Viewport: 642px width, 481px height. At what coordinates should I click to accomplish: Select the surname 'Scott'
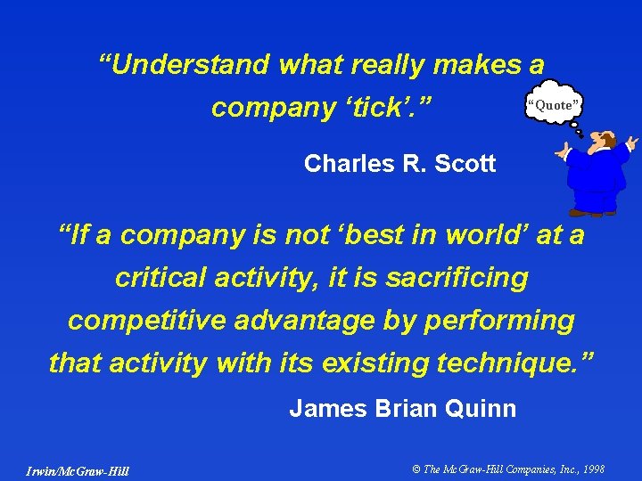coord(463,164)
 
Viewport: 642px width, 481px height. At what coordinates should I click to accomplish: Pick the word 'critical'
coord(158,278)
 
